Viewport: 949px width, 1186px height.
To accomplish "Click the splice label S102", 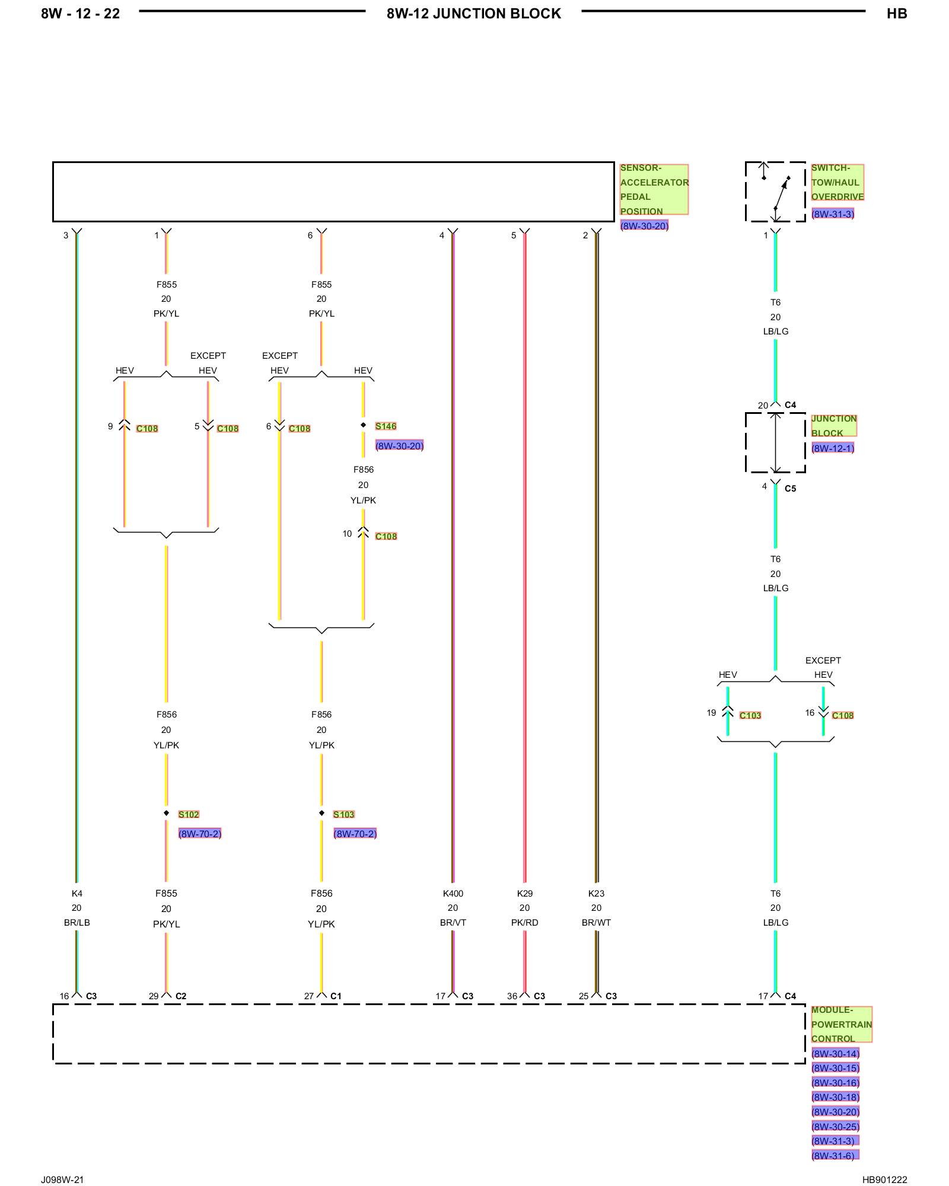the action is point(189,814).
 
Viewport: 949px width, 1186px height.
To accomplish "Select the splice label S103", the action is point(343,814).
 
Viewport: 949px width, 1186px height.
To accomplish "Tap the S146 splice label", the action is point(386,426).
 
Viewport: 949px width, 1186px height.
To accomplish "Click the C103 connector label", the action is point(750,715).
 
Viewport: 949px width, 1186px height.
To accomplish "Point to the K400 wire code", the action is point(453,893).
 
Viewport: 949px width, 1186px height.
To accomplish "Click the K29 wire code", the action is point(525,893).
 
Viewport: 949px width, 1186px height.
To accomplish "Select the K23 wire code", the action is point(596,893).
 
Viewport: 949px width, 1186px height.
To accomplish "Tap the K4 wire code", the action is point(77,893).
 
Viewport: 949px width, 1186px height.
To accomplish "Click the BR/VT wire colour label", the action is point(453,922).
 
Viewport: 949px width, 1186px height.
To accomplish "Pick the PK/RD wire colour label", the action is point(525,922).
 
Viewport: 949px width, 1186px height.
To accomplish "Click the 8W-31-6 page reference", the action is point(835,1155).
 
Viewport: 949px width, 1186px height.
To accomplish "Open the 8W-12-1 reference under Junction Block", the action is point(833,448).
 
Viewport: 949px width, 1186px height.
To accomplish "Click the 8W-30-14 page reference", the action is point(835,1053).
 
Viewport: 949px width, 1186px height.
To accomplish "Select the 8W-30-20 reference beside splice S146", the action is point(399,445).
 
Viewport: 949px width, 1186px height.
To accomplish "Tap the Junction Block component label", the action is point(834,425).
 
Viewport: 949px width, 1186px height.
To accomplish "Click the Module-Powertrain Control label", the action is point(842,1024).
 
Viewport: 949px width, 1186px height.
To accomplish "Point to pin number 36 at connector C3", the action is point(512,996).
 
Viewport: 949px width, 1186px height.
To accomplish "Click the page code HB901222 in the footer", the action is point(884,1179).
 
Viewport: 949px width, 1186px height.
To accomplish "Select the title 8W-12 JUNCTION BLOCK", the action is point(474,14).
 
